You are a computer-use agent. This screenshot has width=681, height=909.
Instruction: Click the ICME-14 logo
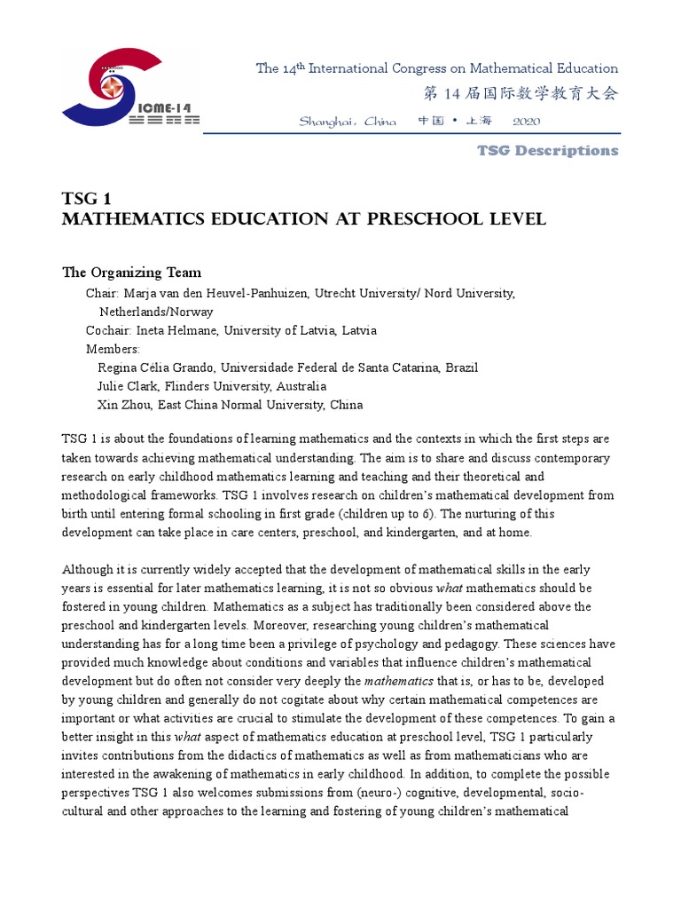click(x=129, y=89)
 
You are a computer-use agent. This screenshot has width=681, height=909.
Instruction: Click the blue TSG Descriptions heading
click(x=547, y=150)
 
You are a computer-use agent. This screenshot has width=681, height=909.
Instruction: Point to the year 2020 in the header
click(x=526, y=121)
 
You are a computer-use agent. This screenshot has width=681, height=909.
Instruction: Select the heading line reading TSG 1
click(x=86, y=198)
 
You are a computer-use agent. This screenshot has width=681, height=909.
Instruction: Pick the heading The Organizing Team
click(x=131, y=273)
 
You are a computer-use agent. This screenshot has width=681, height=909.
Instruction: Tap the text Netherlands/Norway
click(x=155, y=312)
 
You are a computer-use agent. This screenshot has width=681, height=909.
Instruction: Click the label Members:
click(x=113, y=349)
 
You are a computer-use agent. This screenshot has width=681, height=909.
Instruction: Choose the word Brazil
click(x=461, y=368)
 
